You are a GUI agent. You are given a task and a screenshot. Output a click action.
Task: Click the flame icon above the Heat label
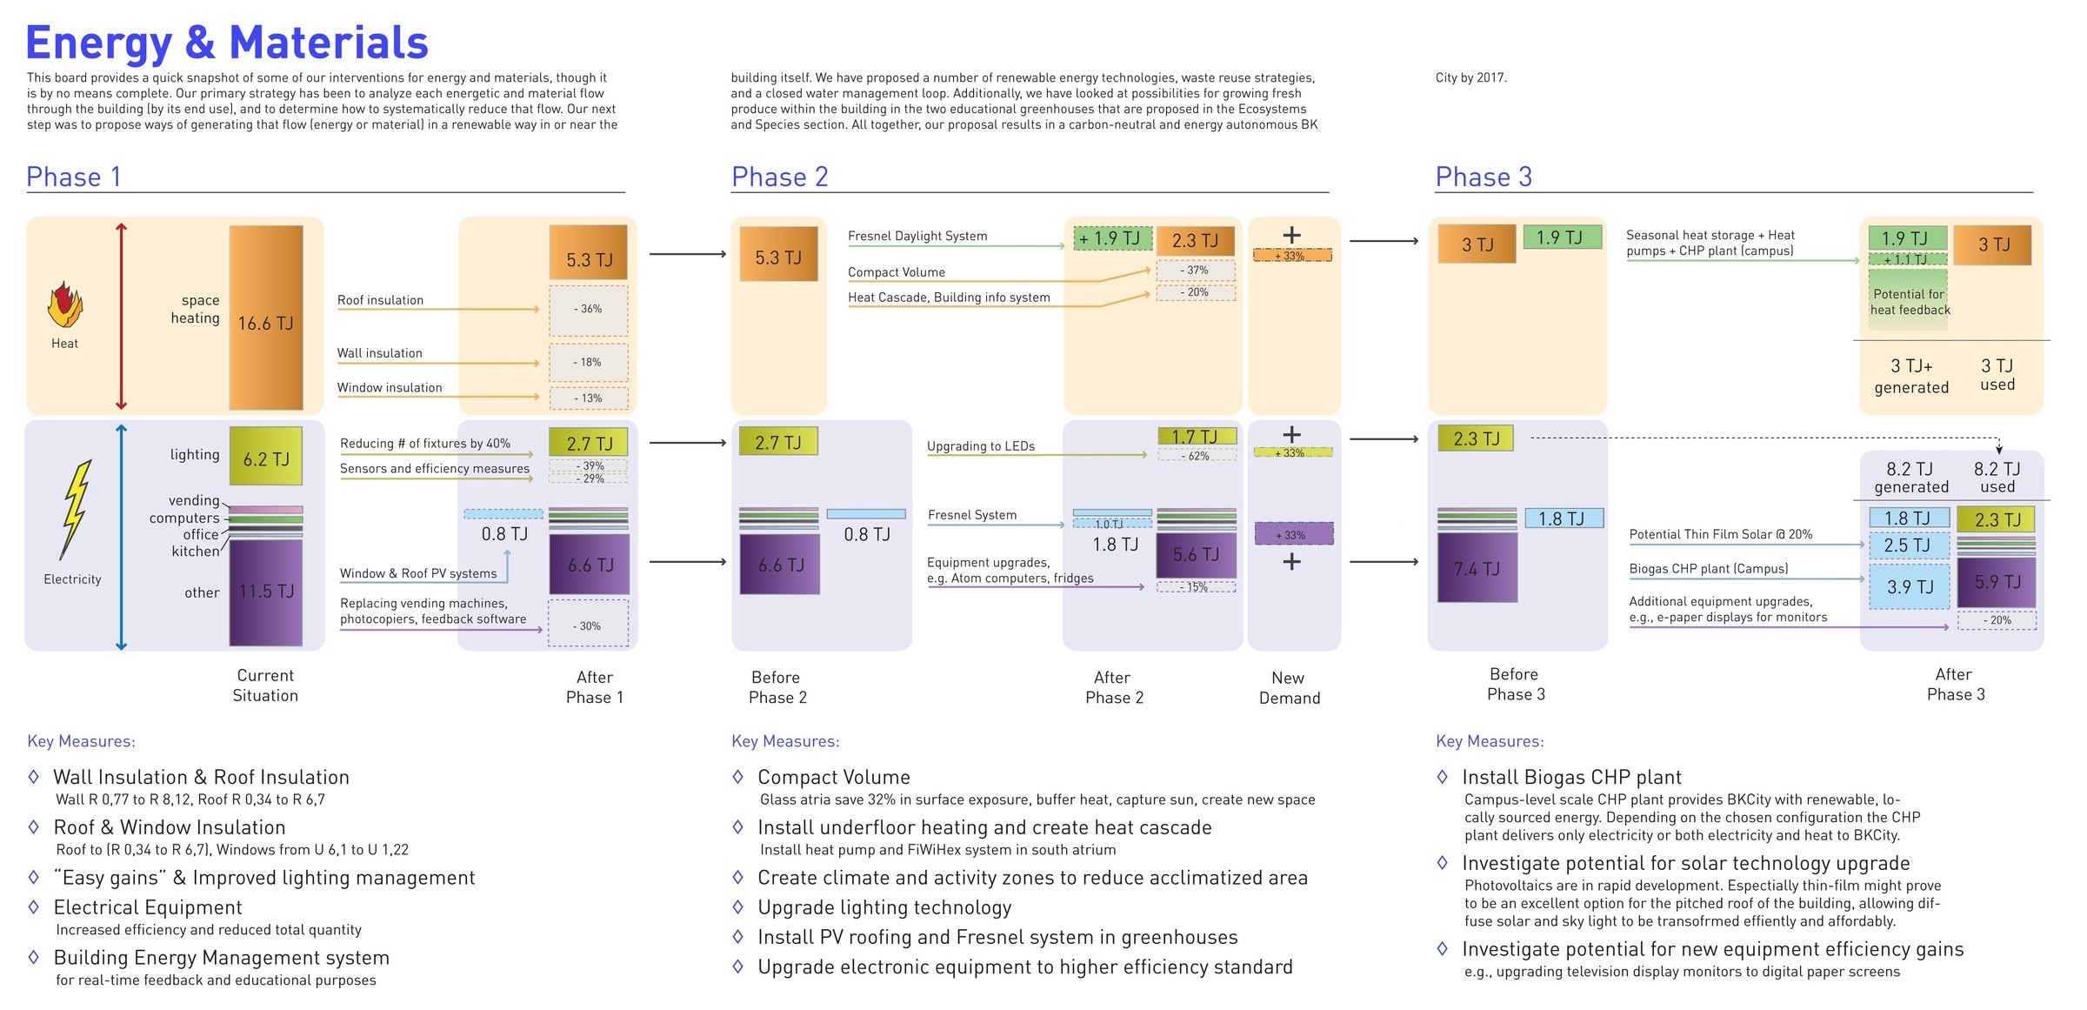coord(64,305)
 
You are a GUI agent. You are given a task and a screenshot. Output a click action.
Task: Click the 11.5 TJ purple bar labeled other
coord(265,592)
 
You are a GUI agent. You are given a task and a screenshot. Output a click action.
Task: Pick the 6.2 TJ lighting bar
coord(265,456)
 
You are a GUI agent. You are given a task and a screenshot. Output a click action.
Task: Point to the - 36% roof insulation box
coord(589,310)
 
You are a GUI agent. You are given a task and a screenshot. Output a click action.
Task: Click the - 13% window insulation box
coord(589,398)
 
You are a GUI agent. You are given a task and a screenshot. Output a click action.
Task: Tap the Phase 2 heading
coord(779,177)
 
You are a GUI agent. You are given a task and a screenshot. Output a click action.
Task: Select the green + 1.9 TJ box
coord(1112,238)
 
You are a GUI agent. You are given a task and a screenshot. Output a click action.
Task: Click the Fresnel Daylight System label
coord(917,236)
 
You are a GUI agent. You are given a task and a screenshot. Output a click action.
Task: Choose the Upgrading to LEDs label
coord(980,446)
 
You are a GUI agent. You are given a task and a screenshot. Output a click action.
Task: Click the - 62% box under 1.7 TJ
coord(1197,456)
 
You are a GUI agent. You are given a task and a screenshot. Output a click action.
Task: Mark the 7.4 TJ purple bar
coord(1477,568)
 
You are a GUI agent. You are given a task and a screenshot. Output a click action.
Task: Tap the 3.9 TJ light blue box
coord(1910,587)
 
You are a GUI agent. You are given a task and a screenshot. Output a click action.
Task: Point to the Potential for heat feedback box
coord(1909,302)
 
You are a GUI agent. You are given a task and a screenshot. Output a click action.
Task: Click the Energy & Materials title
coord(227,43)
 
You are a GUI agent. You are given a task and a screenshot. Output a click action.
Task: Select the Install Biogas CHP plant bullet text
coord(1570,777)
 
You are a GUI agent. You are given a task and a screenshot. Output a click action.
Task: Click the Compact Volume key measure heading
coord(833,777)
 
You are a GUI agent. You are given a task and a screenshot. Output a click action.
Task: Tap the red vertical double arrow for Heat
coord(122,317)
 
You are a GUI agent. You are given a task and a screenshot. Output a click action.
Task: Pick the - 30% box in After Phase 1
coord(589,625)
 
